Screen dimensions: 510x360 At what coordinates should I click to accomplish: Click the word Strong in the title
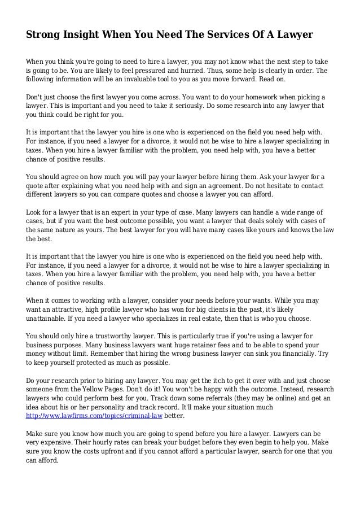45,35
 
